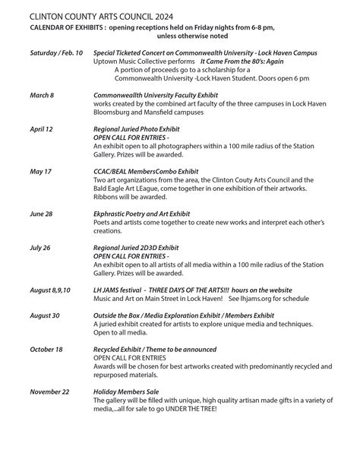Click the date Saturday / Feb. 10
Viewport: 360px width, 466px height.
pyautogui.click(x=56, y=53)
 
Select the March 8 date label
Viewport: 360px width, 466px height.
pyautogui.click(x=42, y=94)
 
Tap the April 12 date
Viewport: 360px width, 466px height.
pyautogui.click(x=42, y=130)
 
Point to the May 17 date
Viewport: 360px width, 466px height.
pyautogui.click(x=41, y=172)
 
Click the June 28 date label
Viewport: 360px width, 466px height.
pyautogui.click(x=42, y=214)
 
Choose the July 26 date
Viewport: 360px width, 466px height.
pyautogui.click(x=41, y=247)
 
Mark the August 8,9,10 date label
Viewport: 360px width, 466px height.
pyautogui.click(x=50, y=290)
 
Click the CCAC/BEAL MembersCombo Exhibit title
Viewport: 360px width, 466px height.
pyautogui.click(x=145, y=172)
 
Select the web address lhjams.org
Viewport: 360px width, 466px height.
pyautogui.click(x=259, y=299)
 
